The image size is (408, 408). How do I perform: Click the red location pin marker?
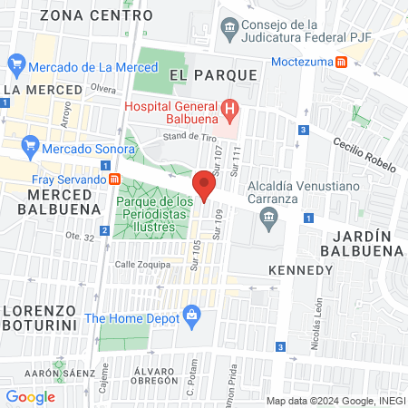pyautogui.click(x=205, y=186)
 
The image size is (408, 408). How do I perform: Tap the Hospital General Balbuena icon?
pyautogui.click(x=230, y=112)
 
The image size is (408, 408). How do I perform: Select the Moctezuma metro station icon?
pyautogui.click(x=342, y=62)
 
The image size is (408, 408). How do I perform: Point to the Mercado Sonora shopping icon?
pyautogui.click(x=31, y=145)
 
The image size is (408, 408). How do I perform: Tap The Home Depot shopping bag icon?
pyautogui.click(x=191, y=316)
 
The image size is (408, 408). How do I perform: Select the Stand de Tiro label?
pyautogui.click(x=186, y=136)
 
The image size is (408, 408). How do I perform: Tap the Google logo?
pyautogui.click(x=30, y=396)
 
